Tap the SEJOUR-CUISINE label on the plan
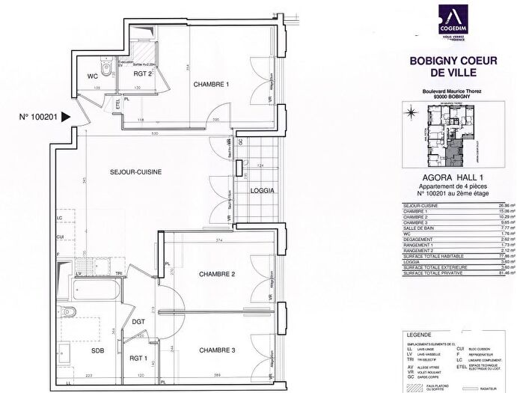click(x=135, y=171)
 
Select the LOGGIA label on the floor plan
click(x=263, y=190)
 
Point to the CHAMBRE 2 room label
click(x=218, y=274)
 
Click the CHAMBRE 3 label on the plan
click(x=218, y=350)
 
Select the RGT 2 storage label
click(x=144, y=74)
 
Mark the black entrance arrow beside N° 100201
click(x=67, y=117)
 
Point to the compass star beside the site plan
click(x=410, y=115)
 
